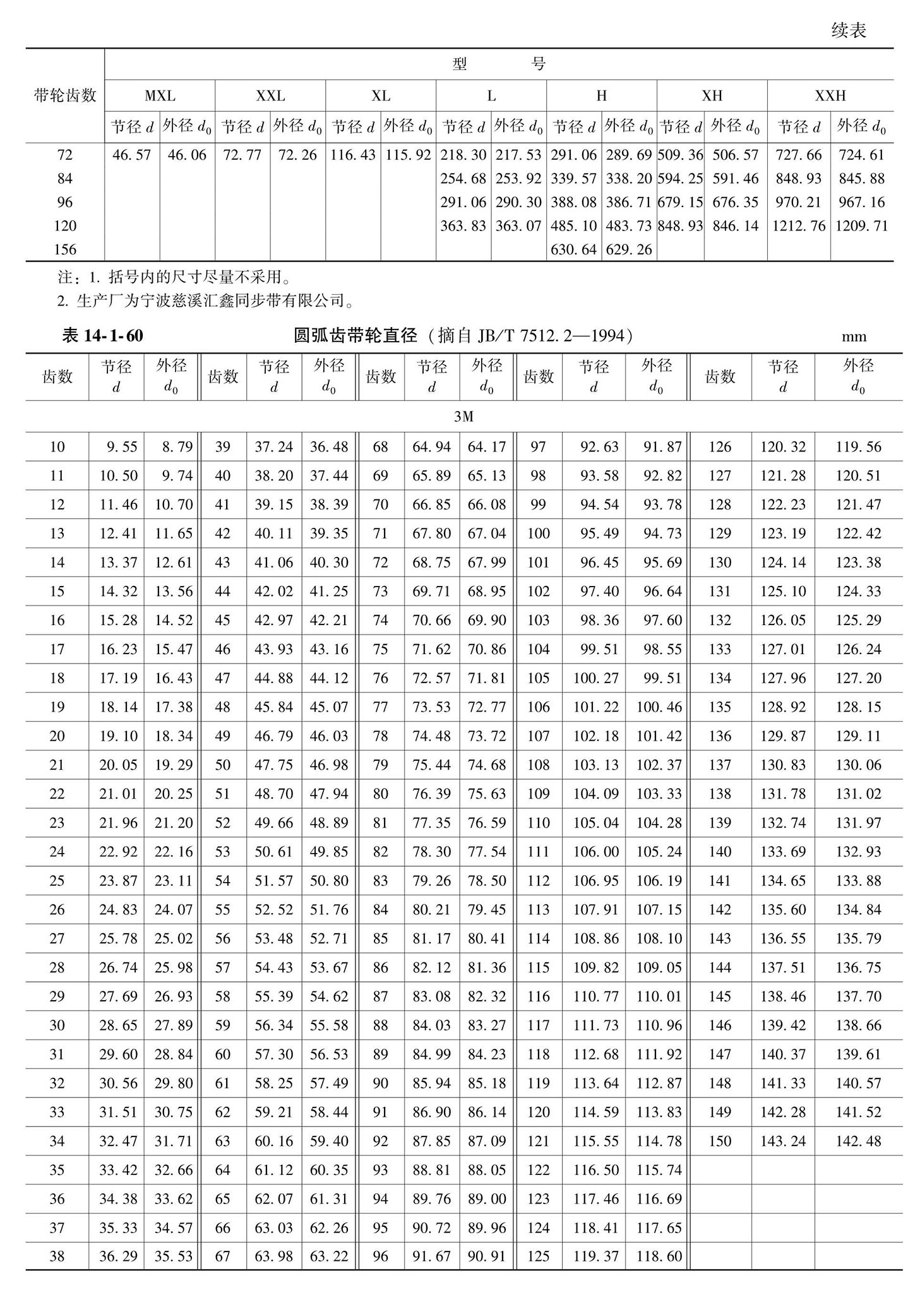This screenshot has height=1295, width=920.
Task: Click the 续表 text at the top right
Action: click(x=848, y=30)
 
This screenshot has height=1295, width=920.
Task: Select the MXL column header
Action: click(x=160, y=96)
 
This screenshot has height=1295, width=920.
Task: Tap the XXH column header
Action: click(x=830, y=96)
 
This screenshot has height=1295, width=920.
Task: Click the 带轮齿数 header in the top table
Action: click(x=64, y=95)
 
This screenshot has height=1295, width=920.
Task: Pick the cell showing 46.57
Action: click(x=131, y=155)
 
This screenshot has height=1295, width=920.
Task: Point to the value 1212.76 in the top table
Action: click(x=798, y=226)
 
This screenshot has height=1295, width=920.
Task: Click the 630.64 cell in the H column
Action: click(x=573, y=250)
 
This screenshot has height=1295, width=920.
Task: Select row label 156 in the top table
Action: click(x=64, y=250)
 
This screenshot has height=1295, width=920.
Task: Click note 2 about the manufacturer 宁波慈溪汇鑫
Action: click(x=205, y=301)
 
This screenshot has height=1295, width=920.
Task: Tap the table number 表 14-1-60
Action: click(x=102, y=336)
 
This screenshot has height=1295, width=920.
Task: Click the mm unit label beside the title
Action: click(x=854, y=337)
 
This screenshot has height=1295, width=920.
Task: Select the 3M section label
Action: click(x=463, y=417)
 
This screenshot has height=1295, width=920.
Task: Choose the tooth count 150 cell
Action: click(x=719, y=1142)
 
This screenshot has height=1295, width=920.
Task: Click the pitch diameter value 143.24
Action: click(x=783, y=1142)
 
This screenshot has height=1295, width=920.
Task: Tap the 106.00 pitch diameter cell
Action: click(x=595, y=852)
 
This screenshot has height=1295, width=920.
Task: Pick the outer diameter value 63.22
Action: click(x=328, y=1257)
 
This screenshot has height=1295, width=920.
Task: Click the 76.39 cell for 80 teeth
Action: click(x=431, y=794)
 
